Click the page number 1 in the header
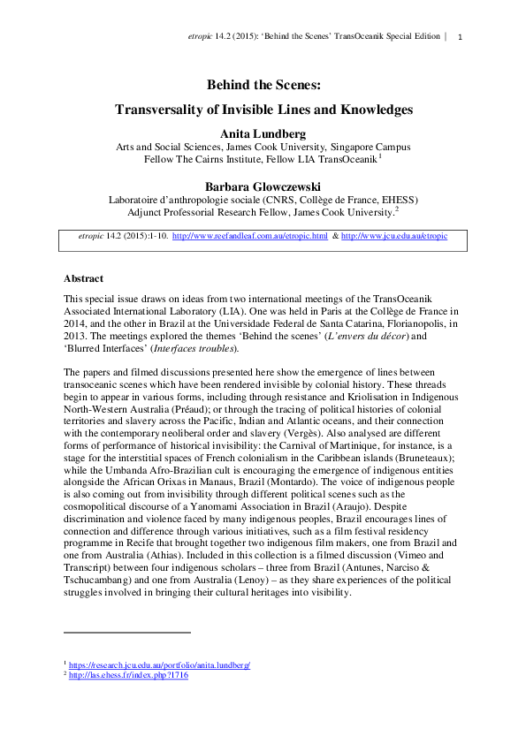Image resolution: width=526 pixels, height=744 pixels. [461, 36]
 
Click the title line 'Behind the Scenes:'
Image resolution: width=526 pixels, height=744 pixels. [262, 86]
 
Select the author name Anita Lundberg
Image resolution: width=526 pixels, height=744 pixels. [262, 133]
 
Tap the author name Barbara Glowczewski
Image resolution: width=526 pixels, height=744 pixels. [262, 186]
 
